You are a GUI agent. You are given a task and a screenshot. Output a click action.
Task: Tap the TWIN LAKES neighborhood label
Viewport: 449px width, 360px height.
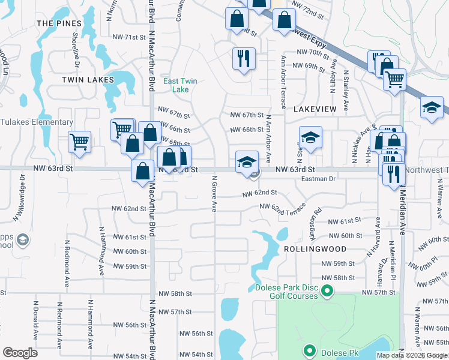coord(88,79)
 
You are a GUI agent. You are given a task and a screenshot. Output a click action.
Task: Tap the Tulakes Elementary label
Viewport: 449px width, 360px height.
coord(36,122)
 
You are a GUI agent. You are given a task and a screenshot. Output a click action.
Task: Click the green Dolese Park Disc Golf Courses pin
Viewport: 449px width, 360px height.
coord(327,292)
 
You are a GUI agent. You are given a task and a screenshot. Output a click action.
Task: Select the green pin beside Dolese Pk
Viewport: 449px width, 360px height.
coord(310,350)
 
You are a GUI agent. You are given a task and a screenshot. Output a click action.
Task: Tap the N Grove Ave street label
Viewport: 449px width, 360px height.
coord(214,193)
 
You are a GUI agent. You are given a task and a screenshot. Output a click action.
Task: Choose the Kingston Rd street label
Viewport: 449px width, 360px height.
coord(317,215)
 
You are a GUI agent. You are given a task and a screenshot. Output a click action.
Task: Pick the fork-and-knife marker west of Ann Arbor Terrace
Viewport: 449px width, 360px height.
coord(244,59)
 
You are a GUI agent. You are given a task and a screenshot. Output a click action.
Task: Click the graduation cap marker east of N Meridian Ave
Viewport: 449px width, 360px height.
coord(432,107)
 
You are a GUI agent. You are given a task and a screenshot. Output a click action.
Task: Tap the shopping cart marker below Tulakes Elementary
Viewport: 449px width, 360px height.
coord(79,142)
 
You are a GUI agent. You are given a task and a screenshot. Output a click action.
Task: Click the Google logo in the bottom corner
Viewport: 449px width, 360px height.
coord(20,353)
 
